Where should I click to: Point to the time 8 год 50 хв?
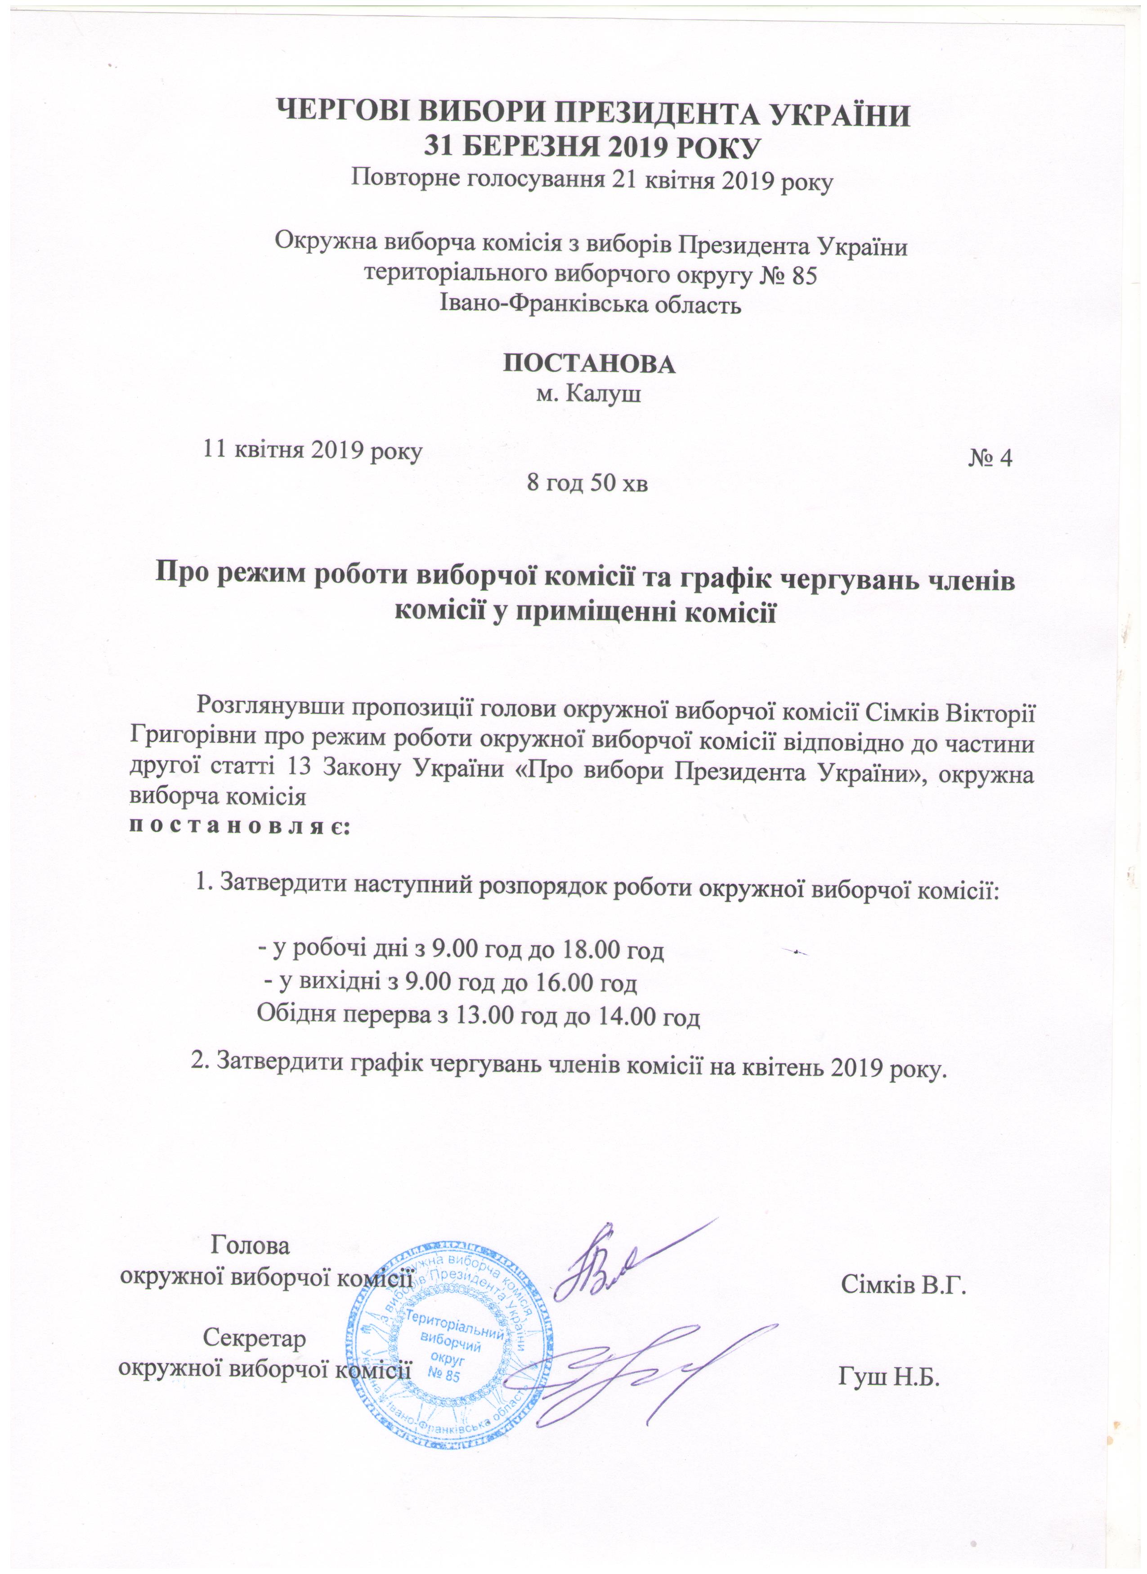[x=587, y=484]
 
